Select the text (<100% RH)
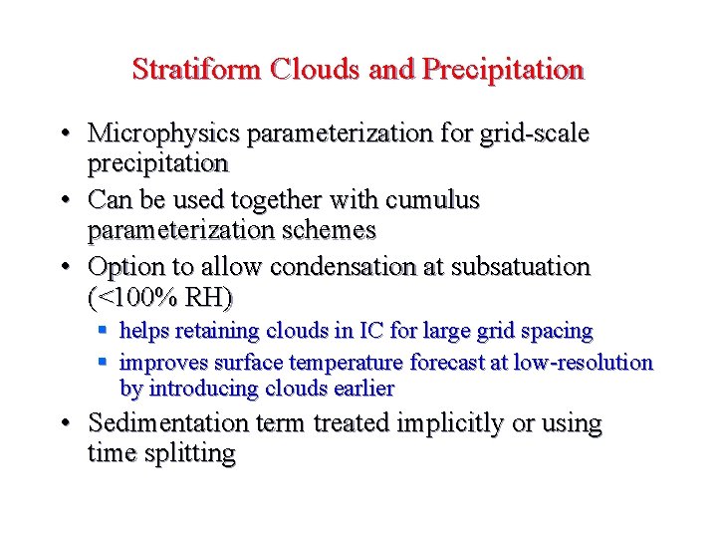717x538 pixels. click(160, 297)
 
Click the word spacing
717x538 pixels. click(555, 331)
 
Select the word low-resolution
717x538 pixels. click(583, 363)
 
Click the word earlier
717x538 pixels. click(360, 389)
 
